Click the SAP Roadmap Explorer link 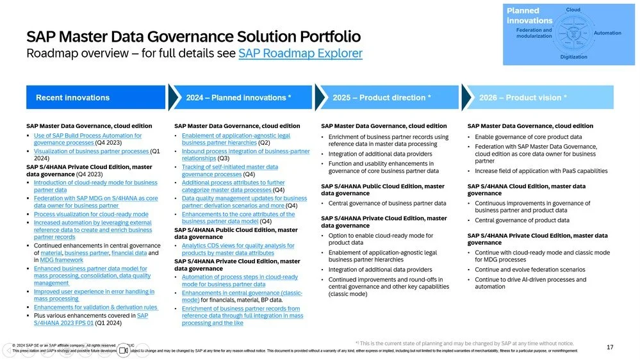300,54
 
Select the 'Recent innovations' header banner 72,98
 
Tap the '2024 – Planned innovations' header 238,98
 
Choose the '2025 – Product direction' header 381,98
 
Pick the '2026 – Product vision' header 523,98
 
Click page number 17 610,347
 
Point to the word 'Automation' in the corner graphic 607,33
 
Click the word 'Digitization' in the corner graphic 573,57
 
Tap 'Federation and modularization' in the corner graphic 534,33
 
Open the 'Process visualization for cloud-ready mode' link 91,215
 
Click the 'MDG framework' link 62,260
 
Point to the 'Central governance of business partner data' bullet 387,203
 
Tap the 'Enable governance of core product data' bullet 528,137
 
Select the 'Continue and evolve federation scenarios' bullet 530,270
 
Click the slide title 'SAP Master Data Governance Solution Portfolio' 193,37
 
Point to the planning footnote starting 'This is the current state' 464,343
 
